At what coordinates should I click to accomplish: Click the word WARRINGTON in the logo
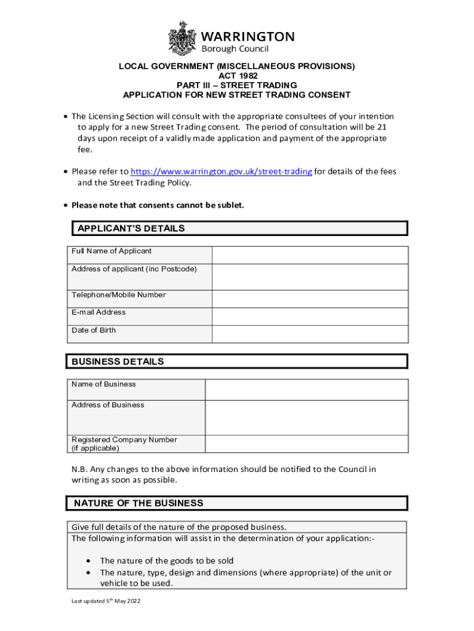[248, 36]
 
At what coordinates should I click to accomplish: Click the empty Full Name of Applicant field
[310, 255]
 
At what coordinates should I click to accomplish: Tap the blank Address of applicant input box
[310, 277]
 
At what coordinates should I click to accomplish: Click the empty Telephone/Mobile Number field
[310, 299]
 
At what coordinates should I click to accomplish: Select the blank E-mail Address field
[310, 316]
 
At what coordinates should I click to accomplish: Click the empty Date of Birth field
[310, 334]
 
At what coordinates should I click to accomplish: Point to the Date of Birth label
[94, 330]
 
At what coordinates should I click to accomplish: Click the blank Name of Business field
[306, 389]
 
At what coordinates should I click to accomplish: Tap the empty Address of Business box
[306, 417]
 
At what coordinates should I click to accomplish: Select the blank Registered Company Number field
[306, 444]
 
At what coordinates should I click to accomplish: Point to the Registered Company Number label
[124, 444]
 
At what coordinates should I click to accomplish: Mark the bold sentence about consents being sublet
[158, 205]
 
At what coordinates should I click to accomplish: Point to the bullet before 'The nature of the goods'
[90, 561]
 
